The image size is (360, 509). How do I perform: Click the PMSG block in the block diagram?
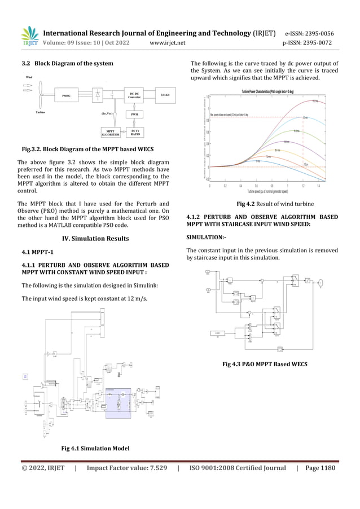coord(67,96)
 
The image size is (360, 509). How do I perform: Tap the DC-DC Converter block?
coord(135,95)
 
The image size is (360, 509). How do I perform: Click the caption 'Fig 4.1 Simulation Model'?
coord(95,448)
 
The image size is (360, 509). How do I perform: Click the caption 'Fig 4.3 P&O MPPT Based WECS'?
coord(264,364)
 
